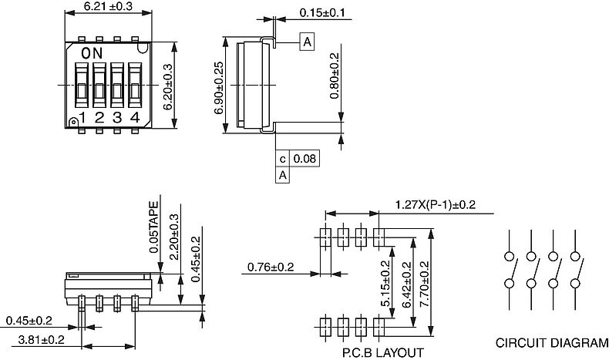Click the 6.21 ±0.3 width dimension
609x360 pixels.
pyautogui.click(x=108, y=6)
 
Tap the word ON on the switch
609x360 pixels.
pyautogui.click(x=92, y=53)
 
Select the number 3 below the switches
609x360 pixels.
pyautogui.click(x=117, y=118)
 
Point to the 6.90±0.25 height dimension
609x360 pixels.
pyautogui.click(x=219, y=88)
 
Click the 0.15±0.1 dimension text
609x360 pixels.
pyautogui.click(x=322, y=13)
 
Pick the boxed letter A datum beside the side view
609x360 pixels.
pyautogui.click(x=307, y=42)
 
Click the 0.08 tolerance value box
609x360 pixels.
pyautogui.click(x=305, y=159)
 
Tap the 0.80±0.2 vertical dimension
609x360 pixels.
pyautogui.click(x=334, y=76)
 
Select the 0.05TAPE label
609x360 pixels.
pyautogui.click(x=154, y=227)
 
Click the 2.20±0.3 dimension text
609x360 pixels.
pyautogui.click(x=174, y=237)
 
